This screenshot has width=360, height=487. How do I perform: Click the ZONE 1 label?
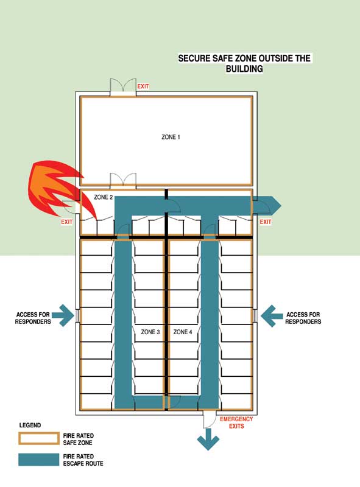[x=171, y=137]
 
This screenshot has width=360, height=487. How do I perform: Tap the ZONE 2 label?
[x=103, y=197]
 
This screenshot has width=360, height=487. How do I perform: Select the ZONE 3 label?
[x=150, y=332]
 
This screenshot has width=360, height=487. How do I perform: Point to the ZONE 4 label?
[x=183, y=332]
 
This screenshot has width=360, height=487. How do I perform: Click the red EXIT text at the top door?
[x=143, y=86]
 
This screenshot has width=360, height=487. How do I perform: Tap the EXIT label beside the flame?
[x=67, y=222]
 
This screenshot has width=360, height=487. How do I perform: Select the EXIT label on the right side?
[x=266, y=222]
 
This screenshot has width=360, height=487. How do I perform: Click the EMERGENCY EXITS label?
[x=236, y=422]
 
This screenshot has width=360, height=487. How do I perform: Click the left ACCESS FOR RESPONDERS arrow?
[x=63, y=315]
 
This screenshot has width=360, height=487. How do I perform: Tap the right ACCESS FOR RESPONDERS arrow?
[x=272, y=316]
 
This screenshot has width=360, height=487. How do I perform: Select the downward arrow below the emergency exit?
[x=208, y=439]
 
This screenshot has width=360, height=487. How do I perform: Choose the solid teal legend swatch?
[x=38, y=460]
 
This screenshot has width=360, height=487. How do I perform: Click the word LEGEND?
[x=30, y=425]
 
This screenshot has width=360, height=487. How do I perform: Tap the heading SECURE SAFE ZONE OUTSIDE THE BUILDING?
[x=244, y=63]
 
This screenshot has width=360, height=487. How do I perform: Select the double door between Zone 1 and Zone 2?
[x=123, y=180]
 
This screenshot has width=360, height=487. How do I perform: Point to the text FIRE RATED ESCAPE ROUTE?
[x=83, y=460]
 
